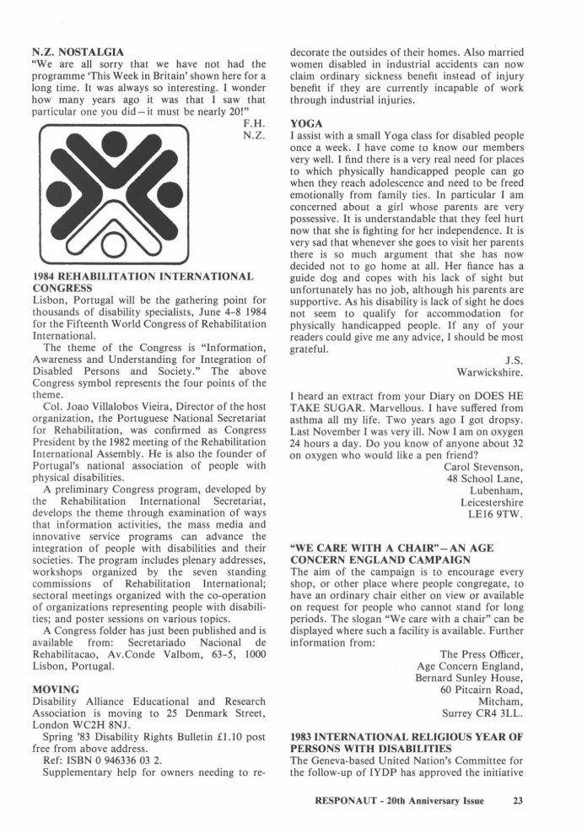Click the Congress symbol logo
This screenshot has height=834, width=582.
pos(132,197)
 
